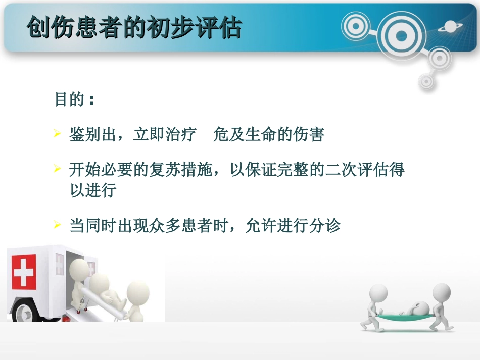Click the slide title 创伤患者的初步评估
[x=134, y=28]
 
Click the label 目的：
[x=75, y=100]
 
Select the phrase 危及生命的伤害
[x=269, y=135]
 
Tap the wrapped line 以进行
[x=93, y=191]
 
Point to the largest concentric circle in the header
[x=401, y=35]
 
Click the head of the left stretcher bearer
[x=378, y=293]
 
